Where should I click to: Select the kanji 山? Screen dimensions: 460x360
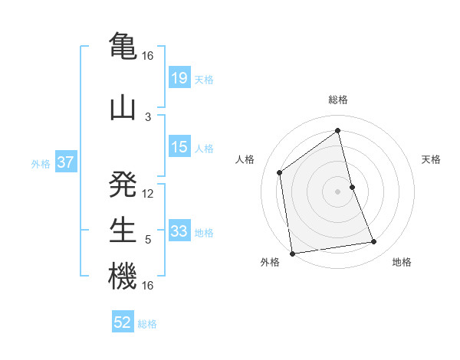(x=123, y=107)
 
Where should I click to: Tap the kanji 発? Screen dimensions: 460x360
(x=123, y=183)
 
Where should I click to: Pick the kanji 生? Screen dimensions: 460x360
(x=123, y=230)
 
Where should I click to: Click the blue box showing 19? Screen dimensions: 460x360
(x=179, y=77)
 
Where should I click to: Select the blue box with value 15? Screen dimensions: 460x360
(x=179, y=147)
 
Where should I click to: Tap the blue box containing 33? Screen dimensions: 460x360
(x=179, y=231)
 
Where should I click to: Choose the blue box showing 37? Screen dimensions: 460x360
(x=65, y=162)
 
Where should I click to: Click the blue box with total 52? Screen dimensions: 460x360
(x=123, y=322)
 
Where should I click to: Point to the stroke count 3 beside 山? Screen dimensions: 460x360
(x=148, y=116)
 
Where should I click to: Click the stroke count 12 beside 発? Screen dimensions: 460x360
(x=148, y=193)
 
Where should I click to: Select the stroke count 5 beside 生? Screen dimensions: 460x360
(x=148, y=240)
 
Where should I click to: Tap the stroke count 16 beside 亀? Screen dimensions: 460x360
(x=148, y=56)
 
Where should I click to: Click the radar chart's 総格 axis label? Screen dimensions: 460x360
(x=338, y=100)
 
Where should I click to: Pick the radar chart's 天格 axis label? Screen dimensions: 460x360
(x=432, y=159)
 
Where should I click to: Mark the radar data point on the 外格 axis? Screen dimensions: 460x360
(x=291, y=253)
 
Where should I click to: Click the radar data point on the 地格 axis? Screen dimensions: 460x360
(x=374, y=242)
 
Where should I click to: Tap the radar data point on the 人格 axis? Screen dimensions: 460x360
(x=280, y=172)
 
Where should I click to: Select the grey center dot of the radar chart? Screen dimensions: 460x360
(x=338, y=191)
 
